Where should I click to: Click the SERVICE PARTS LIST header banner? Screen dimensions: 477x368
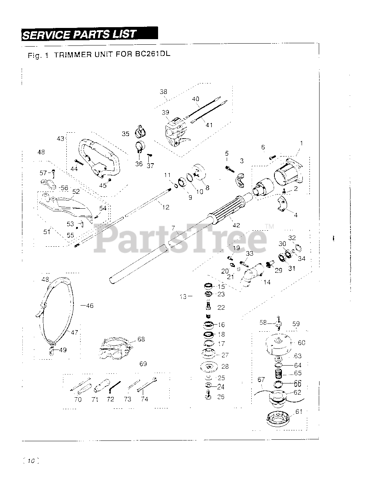click(89, 34)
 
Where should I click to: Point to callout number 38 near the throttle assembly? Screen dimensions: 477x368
click(163, 92)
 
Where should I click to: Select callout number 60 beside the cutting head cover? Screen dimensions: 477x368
click(301, 342)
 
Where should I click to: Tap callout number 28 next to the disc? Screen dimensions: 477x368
click(225, 367)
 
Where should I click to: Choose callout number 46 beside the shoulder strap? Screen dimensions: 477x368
click(89, 306)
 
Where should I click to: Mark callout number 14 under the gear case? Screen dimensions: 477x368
click(267, 282)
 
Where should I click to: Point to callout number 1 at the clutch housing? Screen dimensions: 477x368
click(301, 143)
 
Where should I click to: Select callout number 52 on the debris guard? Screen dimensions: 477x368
click(76, 192)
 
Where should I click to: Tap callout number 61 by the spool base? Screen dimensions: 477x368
click(299, 411)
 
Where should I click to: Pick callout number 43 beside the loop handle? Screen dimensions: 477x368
click(60, 138)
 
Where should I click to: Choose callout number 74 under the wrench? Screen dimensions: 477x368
click(144, 399)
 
